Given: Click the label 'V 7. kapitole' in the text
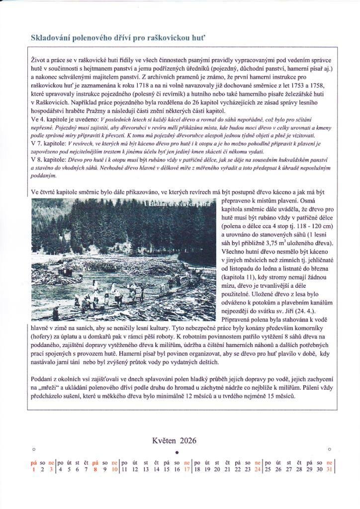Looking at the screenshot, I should coord(47,142).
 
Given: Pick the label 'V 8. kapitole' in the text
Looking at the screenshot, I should coord(47,159).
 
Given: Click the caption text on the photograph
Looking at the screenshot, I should coord(183,205).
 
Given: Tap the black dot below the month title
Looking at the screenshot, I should coord(178,452).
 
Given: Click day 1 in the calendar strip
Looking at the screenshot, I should coord(34,469).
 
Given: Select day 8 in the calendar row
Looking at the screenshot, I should coord(95,469).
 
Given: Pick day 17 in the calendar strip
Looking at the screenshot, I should coord(187,469).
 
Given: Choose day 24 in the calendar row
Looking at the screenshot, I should coord(257,469).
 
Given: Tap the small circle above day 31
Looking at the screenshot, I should coord(329,449).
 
